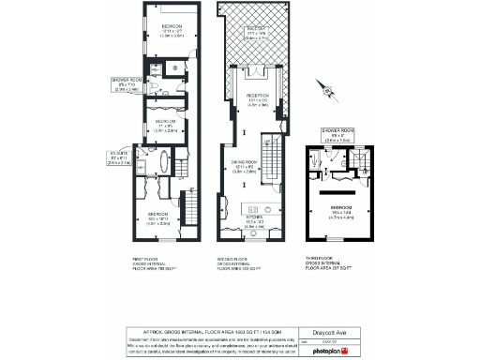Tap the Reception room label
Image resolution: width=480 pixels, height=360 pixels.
[258, 99]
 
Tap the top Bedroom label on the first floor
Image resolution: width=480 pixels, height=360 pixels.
[172, 32]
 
